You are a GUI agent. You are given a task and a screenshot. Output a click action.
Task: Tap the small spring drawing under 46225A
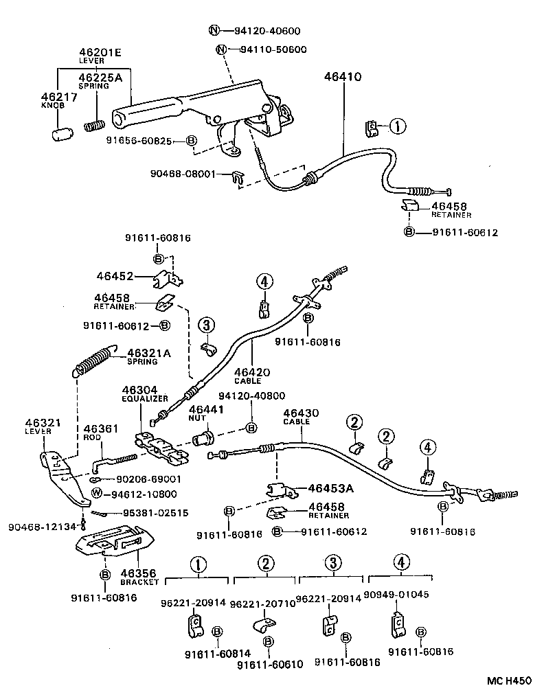click(x=94, y=126)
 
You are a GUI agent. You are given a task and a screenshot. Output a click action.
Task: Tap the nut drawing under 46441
click(x=205, y=437)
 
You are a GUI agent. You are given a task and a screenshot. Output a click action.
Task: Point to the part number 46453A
click(x=330, y=489)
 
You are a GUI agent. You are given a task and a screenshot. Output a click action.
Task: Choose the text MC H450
click(x=510, y=680)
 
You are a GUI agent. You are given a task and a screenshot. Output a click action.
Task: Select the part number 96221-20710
click(x=262, y=603)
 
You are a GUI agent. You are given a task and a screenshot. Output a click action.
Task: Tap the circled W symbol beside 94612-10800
click(x=97, y=494)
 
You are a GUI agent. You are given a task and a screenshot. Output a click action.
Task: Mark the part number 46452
click(x=114, y=276)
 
